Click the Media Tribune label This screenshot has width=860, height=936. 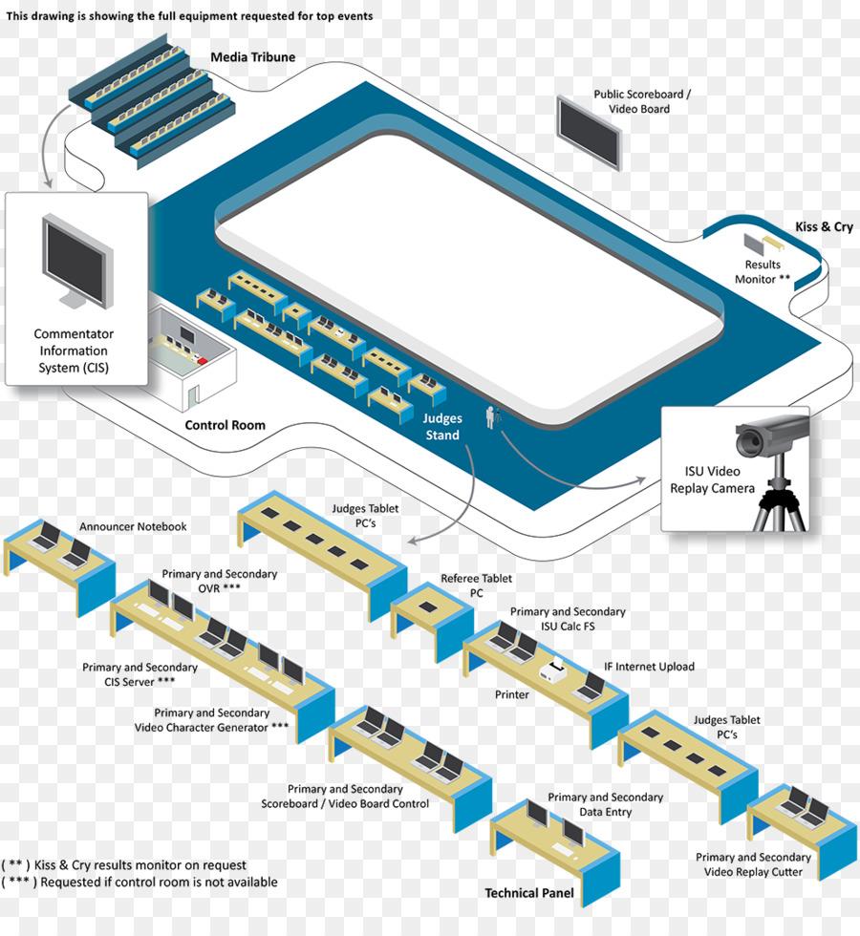253,57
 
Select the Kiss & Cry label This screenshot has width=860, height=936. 824,227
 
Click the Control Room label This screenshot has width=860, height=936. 225,425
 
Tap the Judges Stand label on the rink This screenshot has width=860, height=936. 442,427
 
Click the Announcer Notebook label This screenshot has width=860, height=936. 133,526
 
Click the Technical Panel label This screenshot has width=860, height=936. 529,893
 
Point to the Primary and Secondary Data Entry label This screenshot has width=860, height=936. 605,804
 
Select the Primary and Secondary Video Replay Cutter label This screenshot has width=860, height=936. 753,864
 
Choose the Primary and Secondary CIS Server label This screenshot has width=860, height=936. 140,674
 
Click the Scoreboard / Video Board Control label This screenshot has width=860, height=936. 345,797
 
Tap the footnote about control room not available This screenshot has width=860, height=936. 140,882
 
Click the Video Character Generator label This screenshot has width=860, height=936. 211,720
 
